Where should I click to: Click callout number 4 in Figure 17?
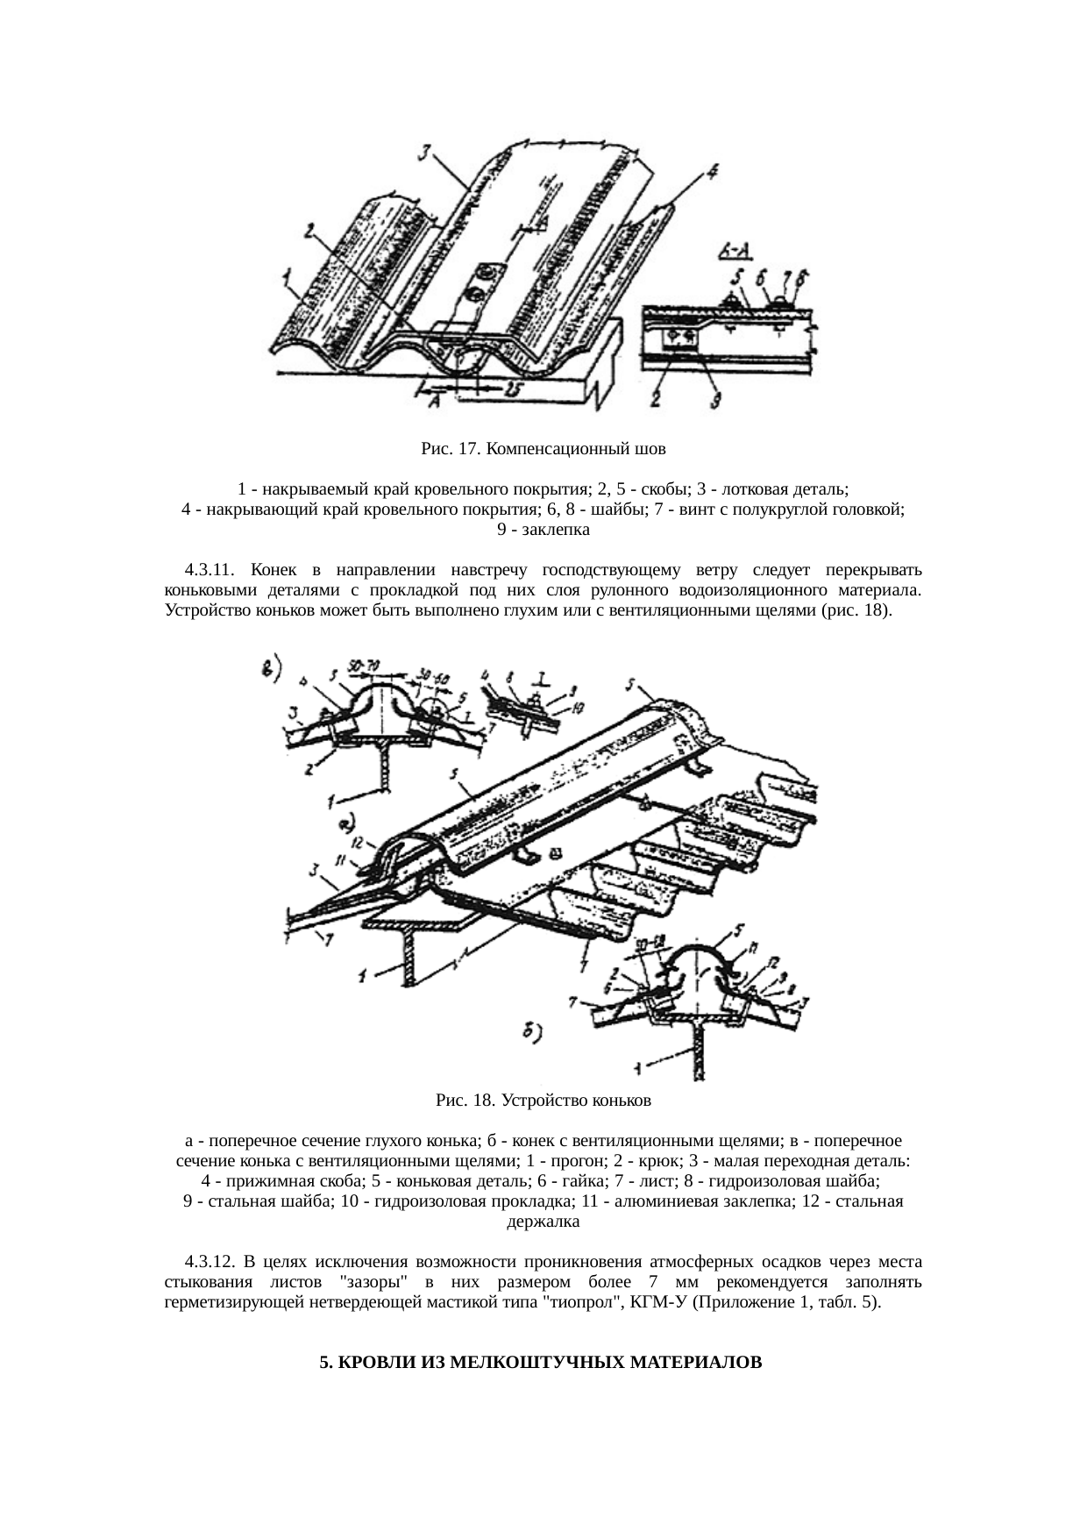coord(712,172)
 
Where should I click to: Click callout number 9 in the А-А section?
coord(714,403)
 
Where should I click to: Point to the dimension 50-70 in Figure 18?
coord(361,669)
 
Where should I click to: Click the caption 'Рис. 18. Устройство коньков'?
coord(543,1099)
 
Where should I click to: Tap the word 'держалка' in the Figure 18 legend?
coord(543,1221)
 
